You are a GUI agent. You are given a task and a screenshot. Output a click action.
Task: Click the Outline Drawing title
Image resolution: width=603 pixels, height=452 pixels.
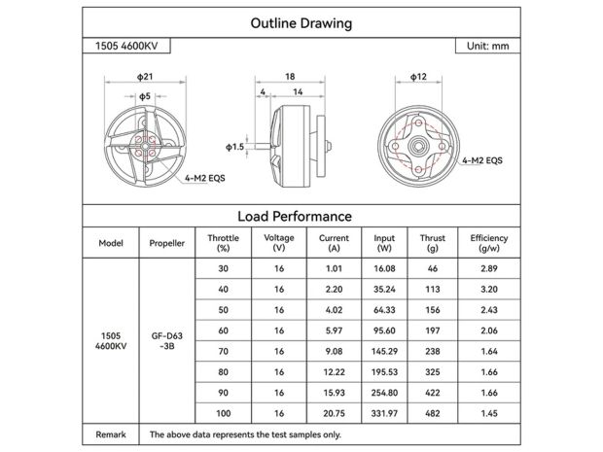pyautogui.click(x=301, y=23)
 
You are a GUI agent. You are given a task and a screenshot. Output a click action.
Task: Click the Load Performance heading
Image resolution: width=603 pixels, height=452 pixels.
pyautogui.click(x=294, y=216)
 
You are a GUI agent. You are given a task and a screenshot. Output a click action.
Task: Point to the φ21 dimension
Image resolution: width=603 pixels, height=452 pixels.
pyautogui.click(x=145, y=75)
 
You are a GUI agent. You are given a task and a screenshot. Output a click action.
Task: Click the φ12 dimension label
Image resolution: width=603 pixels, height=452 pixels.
pyautogui.click(x=419, y=75)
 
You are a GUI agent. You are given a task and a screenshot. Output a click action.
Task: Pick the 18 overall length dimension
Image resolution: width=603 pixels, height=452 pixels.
pyautogui.click(x=290, y=75)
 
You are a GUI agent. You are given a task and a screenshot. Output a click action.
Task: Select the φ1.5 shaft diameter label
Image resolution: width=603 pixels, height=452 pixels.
pyautogui.click(x=234, y=146)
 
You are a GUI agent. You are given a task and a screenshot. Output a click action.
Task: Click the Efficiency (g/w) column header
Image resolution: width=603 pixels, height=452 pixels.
pyautogui.click(x=488, y=243)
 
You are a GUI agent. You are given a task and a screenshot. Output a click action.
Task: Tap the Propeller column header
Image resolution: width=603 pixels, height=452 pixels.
pyautogui.click(x=167, y=243)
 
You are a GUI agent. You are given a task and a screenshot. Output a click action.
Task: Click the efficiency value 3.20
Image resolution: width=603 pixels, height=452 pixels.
pyautogui.click(x=488, y=288)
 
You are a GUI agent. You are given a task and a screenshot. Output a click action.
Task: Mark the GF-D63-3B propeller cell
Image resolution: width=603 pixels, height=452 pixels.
pyautogui.click(x=167, y=340)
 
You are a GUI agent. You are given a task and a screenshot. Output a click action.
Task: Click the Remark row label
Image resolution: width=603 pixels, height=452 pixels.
pyautogui.click(x=111, y=435)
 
